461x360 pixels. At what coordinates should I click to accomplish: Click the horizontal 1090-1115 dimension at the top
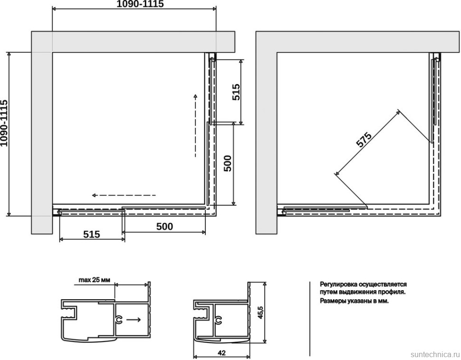point(140,4)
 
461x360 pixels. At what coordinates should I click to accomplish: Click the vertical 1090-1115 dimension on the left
point(4,123)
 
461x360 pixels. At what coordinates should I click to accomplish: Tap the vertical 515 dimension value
point(236,92)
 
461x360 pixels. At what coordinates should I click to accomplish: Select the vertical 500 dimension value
point(228,163)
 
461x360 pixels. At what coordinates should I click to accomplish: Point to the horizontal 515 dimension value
point(91,235)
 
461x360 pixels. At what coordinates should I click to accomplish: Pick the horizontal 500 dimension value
point(164,226)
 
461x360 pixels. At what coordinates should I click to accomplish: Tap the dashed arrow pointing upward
point(195,126)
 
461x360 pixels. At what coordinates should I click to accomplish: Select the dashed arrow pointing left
point(124,195)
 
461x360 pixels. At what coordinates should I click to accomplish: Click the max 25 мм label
point(95,280)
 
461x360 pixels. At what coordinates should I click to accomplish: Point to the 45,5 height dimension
point(261,313)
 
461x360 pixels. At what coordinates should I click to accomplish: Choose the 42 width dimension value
point(222,353)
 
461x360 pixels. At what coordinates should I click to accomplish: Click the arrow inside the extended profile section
point(135,320)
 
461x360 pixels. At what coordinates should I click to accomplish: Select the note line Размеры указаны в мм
point(354,301)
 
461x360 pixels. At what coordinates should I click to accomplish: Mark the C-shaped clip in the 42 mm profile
point(219,320)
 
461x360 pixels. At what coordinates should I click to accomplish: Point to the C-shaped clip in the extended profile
point(119,320)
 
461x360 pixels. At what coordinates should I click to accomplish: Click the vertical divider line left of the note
point(310,319)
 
